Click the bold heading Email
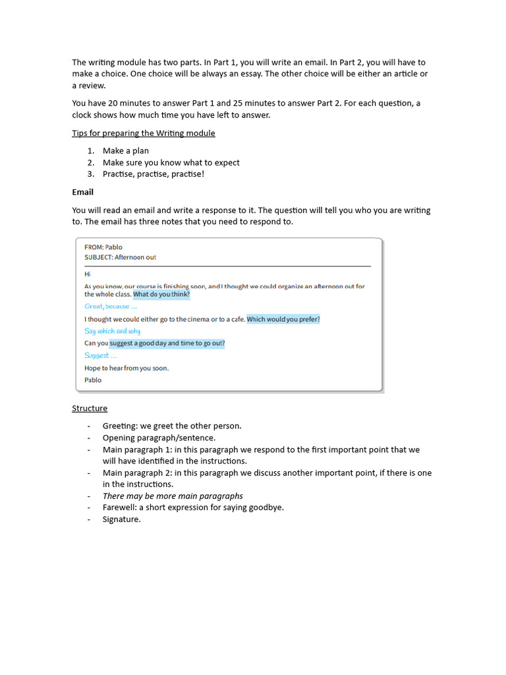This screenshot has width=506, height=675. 82,192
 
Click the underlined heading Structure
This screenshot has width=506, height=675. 90,408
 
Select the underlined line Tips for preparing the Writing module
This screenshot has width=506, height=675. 144,133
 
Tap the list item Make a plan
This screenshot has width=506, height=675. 126,151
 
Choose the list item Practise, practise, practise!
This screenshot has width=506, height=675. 154,174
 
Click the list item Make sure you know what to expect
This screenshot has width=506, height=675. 171,162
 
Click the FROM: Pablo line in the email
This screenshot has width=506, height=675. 103,247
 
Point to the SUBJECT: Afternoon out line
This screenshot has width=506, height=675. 120,257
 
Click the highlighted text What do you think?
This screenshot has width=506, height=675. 161,295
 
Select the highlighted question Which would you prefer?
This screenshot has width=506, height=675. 283,319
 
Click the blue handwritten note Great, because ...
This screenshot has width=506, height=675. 111,307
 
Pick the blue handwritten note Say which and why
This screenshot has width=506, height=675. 112,331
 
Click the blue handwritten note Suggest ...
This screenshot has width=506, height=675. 100,355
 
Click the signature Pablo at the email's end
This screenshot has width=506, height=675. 93,380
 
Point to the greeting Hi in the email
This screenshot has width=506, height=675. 87,274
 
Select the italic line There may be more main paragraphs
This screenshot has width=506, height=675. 173,496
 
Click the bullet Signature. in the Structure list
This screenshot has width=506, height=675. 121,519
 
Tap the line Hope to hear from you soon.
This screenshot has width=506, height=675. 126,368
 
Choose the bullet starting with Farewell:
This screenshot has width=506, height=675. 193,508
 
